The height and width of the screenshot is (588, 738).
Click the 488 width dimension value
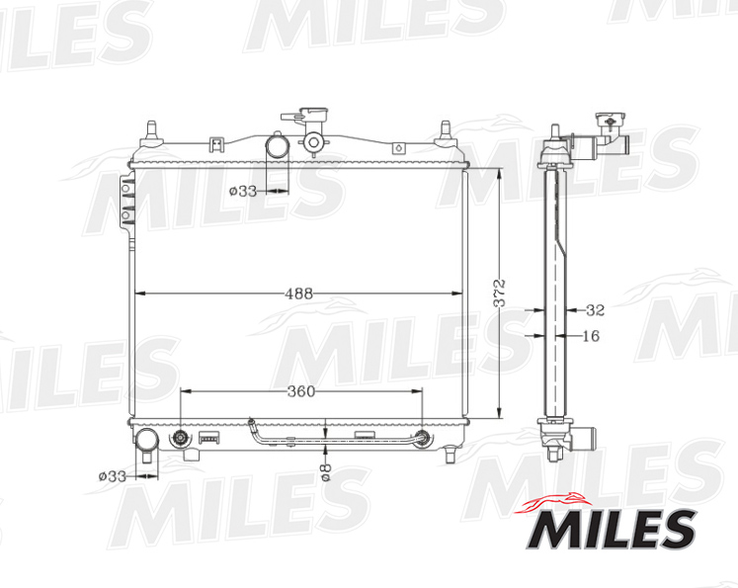tap(299, 294)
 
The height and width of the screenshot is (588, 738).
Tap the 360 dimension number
tap(300, 391)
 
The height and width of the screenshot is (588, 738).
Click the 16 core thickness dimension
tap(590, 336)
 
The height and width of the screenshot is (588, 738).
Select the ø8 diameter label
tap(326, 473)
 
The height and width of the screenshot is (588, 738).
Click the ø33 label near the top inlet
tap(242, 191)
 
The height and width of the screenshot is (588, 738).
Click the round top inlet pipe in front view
tap(278, 146)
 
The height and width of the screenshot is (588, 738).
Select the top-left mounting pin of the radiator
tap(151, 129)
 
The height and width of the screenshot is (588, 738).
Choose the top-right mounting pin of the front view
tap(445, 129)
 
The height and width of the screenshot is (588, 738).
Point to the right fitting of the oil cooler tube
tap(423, 439)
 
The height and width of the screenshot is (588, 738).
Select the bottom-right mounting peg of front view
tap(451, 454)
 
